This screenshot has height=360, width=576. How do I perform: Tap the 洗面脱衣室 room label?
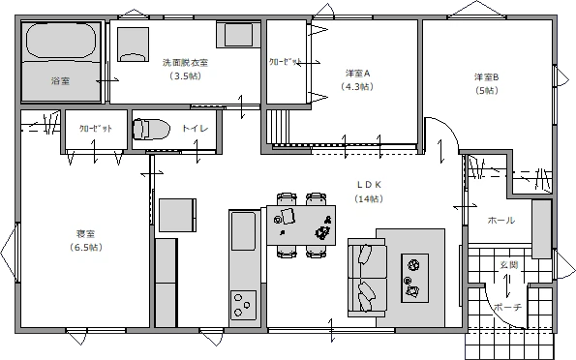tap(185, 63)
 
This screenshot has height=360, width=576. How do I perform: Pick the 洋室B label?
tap(486, 77)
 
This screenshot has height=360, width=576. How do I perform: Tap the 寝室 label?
tap(85, 234)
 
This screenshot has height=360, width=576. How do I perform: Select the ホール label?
tap(500, 221)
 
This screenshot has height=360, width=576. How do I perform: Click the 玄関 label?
tap(508, 264)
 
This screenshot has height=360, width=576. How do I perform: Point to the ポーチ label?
tap(507, 307)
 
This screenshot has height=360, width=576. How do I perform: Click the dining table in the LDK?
tap(301, 225)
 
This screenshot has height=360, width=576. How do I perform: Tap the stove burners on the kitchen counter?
tap(242, 304)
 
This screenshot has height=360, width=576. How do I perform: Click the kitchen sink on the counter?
tap(243, 233)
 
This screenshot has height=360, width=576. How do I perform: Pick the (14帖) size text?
tap(369, 198)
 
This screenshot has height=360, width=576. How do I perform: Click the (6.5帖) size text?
tap(85, 248)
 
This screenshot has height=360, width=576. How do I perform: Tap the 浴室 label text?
tap(60, 82)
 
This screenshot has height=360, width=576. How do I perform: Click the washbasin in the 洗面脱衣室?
tap(238, 35)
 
